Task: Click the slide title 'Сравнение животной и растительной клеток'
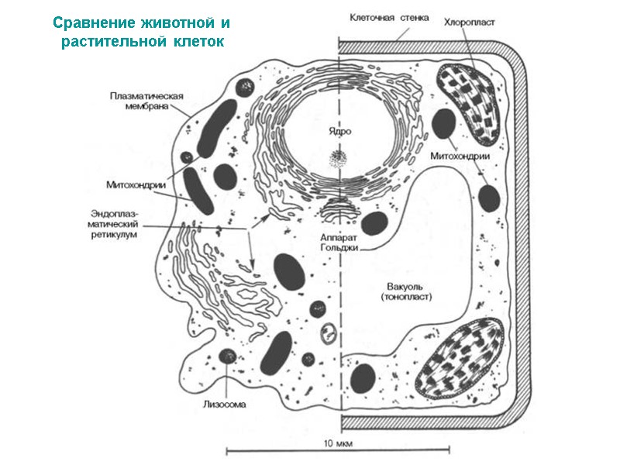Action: pos(141,30)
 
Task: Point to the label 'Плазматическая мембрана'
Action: pos(146,102)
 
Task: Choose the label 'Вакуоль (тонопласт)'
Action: pos(406,291)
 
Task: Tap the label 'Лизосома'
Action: pos(226,403)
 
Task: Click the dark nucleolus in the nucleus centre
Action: pos(338,158)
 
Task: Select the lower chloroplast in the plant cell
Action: pos(462,357)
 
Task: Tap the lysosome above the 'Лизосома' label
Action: pos(227,356)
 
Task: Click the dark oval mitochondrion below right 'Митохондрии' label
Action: pos(489,198)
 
